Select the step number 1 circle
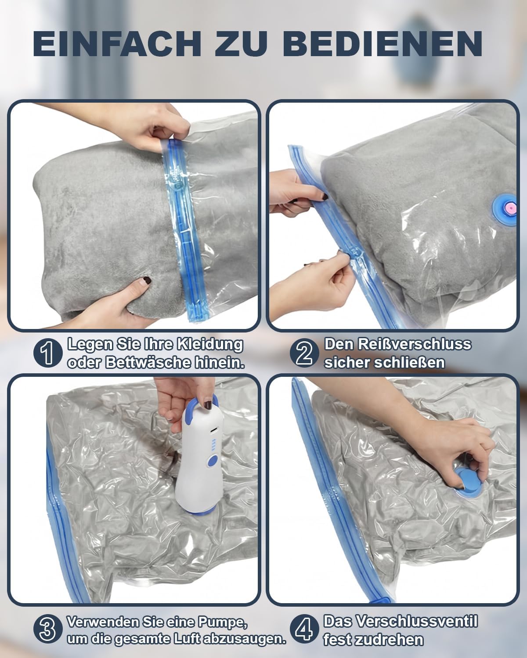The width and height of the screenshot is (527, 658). pyautogui.click(x=48, y=354)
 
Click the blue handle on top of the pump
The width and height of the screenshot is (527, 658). pyautogui.click(x=205, y=405)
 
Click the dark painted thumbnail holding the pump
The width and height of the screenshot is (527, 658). pyautogui.click(x=208, y=406)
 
